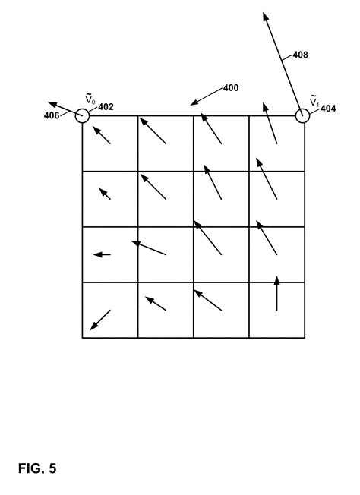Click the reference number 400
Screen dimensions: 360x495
click(231, 88)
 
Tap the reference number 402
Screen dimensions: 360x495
click(106, 107)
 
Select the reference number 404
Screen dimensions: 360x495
click(328, 109)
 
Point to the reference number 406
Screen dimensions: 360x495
click(52, 115)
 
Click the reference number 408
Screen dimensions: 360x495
click(300, 55)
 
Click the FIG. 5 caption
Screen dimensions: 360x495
click(37, 468)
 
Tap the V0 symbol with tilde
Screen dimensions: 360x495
click(90, 99)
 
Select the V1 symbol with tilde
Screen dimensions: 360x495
click(314, 100)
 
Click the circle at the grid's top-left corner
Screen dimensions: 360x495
click(83, 109)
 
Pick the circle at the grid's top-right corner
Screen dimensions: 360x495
click(302, 109)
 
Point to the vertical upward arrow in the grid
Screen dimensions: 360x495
click(277, 293)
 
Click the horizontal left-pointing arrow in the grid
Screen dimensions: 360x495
click(102, 254)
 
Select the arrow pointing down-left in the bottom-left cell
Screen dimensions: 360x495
click(100, 320)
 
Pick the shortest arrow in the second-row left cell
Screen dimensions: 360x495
click(105, 194)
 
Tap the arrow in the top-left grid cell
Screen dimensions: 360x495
click(102, 135)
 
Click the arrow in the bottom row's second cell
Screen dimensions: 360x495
click(156, 304)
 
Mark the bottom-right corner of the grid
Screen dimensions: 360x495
click(305, 338)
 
